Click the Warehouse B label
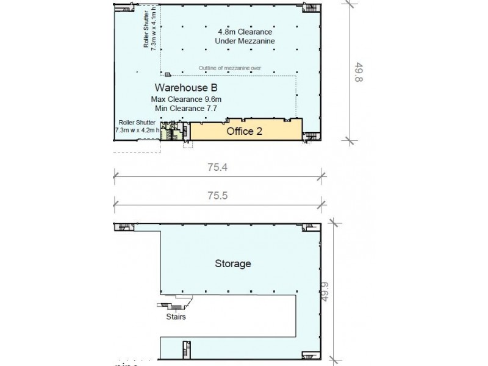[x=183, y=87]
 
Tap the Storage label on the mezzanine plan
[x=233, y=264]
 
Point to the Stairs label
[x=176, y=317]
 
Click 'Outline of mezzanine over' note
[x=230, y=68]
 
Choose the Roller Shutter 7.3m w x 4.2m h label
[x=137, y=126]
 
